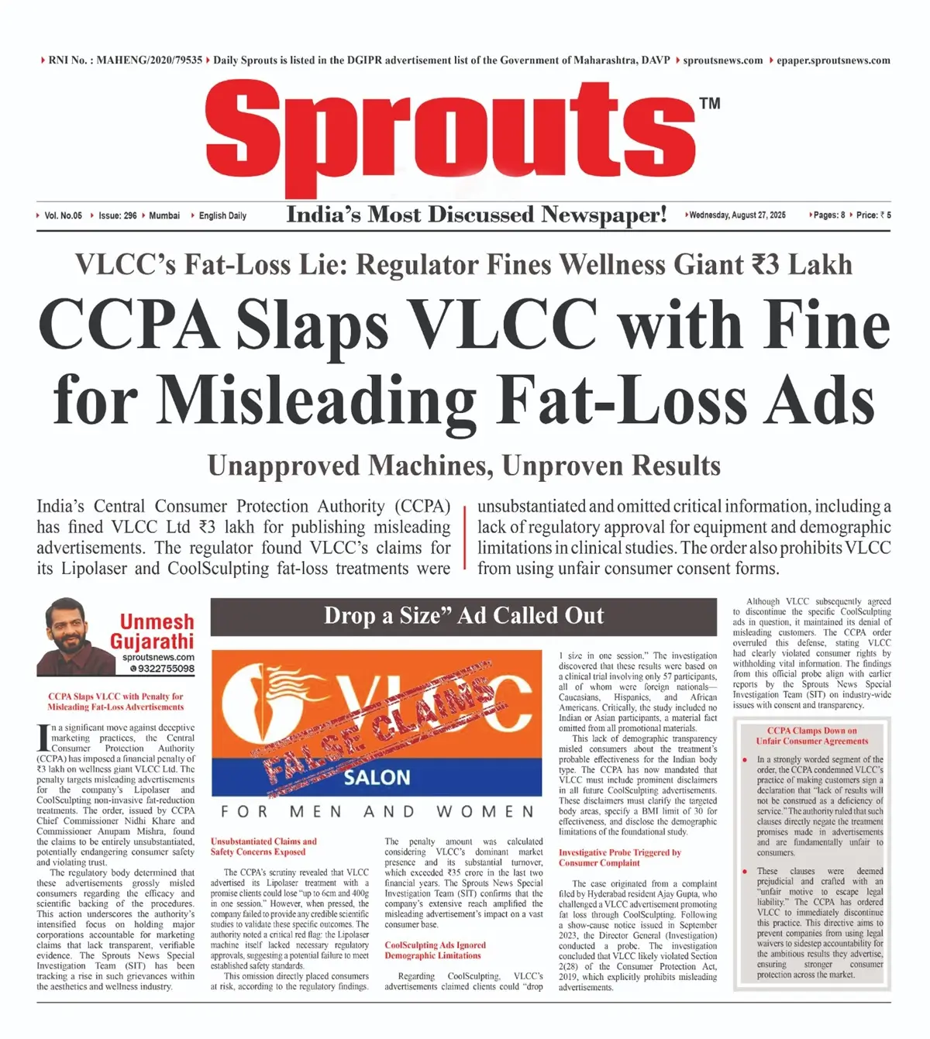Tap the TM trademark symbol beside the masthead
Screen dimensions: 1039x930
pyautogui.click(x=709, y=103)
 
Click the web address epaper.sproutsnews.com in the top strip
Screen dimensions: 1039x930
pyautogui.click(x=833, y=60)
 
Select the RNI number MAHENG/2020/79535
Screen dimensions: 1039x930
pyautogui.click(x=150, y=60)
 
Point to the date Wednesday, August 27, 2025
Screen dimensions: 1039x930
pyautogui.click(x=737, y=215)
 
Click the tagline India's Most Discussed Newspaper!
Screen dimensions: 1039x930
pyautogui.click(x=476, y=215)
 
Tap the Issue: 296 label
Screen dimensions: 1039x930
pyautogui.click(x=117, y=216)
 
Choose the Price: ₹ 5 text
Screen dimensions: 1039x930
pyautogui.click(x=873, y=215)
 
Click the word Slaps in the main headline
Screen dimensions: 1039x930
pyautogui.click(x=312, y=325)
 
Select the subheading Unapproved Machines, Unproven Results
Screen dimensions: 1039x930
pyautogui.click(x=463, y=466)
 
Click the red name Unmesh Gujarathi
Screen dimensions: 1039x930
pyautogui.click(x=152, y=631)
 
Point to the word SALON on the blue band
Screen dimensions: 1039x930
pyautogui.click(x=377, y=777)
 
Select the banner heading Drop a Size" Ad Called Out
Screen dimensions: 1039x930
pyautogui.click(x=463, y=616)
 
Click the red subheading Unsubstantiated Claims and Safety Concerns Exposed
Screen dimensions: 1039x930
pyautogui.click(x=263, y=847)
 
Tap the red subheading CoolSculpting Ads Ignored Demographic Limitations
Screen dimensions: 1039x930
pyautogui.click(x=435, y=951)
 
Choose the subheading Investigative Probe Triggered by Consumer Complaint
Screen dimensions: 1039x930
pyautogui.click(x=619, y=858)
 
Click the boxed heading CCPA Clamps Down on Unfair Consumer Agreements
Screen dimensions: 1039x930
pyautogui.click(x=811, y=736)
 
